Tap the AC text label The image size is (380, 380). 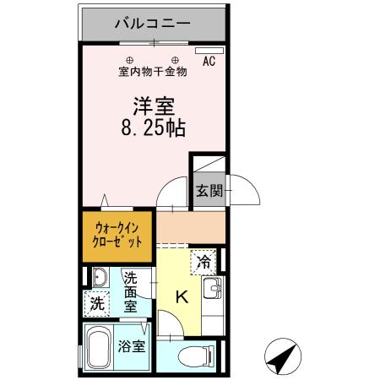pyautogui.click(x=209, y=62)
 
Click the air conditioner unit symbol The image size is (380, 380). pyautogui.click(x=204, y=51)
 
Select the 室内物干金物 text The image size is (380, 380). pyautogui.click(x=153, y=72)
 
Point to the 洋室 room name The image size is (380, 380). pyautogui.click(x=152, y=107)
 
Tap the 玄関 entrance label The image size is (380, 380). pyautogui.click(x=209, y=191)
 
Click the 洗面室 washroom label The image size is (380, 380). pyautogui.click(x=132, y=292)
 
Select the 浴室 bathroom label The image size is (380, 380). pyautogui.click(x=132, y=345)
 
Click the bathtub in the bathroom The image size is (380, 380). pyautogui.click(x=98, y=349)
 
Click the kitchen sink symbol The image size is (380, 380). pyautogui.click(x=213, y=289)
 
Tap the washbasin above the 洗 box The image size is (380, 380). pyautogui.click(x=98, y=278)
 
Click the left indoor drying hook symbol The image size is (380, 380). pyautogui.click(x=130, y=59)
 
